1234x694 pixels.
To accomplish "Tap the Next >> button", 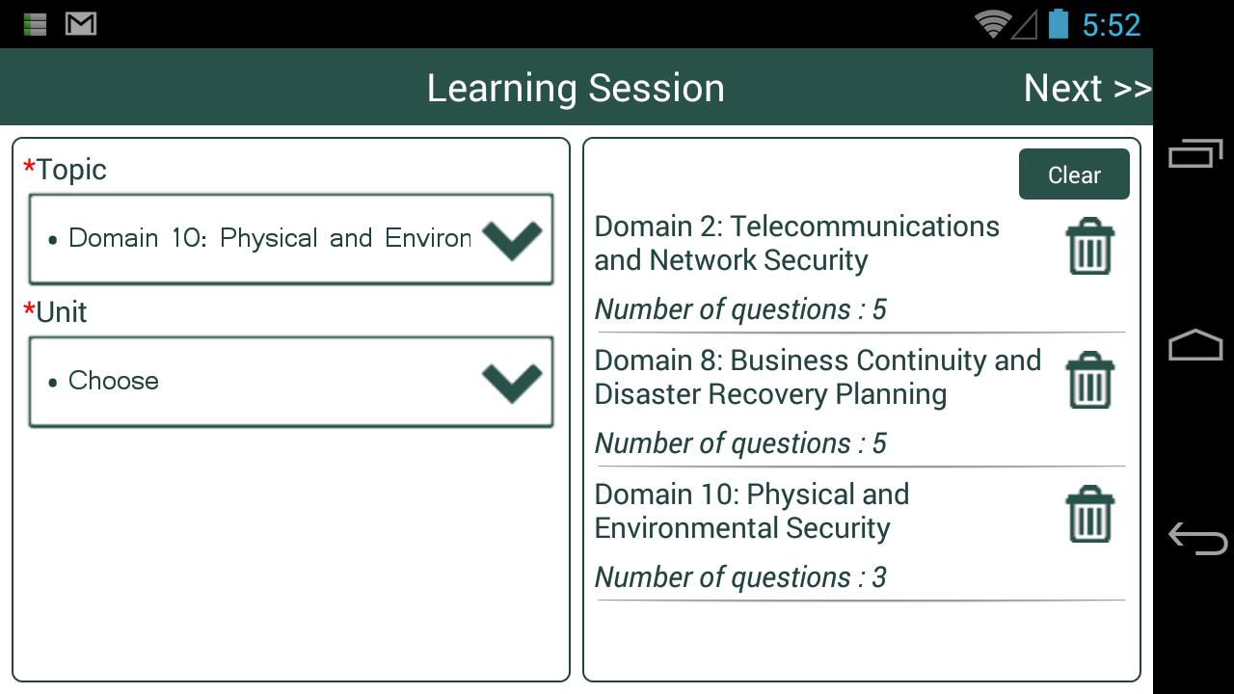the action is coord(1087,88).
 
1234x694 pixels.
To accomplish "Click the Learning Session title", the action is coord(576,88).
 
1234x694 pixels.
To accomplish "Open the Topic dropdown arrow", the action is coord(512,240).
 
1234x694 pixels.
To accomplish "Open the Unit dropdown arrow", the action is coord(512,384).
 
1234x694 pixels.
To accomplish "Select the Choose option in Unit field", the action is coord(114,381).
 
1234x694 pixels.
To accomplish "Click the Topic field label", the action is coord(65,170).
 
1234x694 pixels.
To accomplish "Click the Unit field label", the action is coord(55,311).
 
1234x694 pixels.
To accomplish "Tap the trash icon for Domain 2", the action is coord(1090,246).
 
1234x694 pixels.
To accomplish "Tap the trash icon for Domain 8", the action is coord(1090,380).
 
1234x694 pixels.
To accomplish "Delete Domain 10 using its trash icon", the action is coord(1090,514).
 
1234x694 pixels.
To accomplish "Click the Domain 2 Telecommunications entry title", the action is coord(796,243).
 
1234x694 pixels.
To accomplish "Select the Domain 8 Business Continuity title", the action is coord(818,377).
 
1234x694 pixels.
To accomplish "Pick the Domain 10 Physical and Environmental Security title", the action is coord(752,511).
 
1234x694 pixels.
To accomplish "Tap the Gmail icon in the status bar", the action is coord(81,24).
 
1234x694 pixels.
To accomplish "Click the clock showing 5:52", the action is coord(1112,25).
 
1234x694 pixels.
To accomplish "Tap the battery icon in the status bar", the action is coord(1058,24).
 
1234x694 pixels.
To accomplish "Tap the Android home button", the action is coord(1195,345).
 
